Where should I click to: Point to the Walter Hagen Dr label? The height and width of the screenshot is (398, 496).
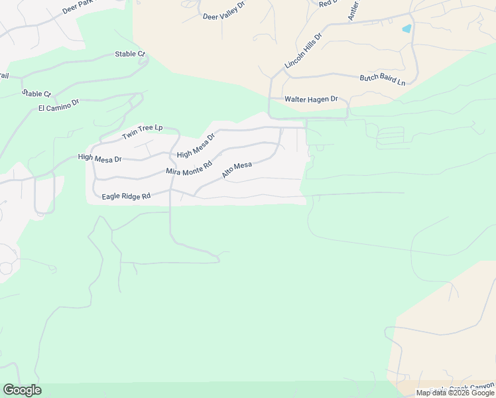click(x=311, y=99)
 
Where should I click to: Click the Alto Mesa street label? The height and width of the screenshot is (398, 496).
click(x=237, y=170)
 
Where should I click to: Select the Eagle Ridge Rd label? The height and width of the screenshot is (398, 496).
click(x=127, y=196)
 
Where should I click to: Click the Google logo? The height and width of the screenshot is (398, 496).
click(x=22, y=390)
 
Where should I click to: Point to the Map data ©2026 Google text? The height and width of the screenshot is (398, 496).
click(x=455, y=393)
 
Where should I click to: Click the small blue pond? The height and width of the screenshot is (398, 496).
click(x=406, y=29)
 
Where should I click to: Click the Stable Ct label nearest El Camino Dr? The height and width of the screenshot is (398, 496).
click(x=36, y=94)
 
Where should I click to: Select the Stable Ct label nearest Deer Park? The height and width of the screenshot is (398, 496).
click(x=129, y=54)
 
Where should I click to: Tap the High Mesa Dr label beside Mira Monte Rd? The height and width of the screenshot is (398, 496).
click(x=196, y=146)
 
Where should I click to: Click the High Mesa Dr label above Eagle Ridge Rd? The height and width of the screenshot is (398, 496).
click(x=99, y=158)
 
